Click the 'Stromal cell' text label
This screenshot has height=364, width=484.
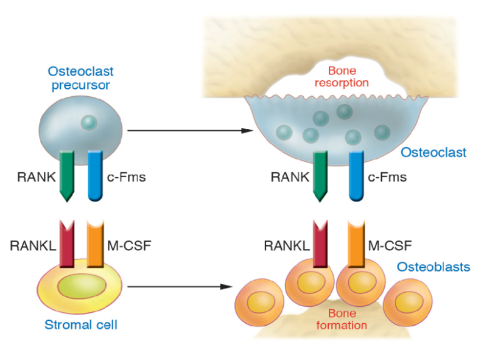tap(80, 324)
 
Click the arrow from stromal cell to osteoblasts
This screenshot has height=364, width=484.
tap(183, 286)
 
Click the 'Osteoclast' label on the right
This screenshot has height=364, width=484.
tap(433, 152)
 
